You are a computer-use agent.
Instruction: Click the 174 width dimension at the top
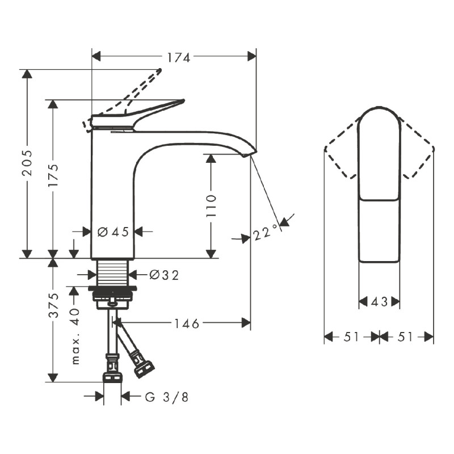(x=179, y=58)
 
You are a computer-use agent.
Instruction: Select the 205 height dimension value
(x=27, y=163)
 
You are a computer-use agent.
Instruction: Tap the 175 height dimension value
(x=53, y=175)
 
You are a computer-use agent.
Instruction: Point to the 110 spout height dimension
(x=211, y=206)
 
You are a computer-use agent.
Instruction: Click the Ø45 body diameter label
(x=113, y=232)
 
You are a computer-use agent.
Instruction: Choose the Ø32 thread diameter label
(x=164, y=275)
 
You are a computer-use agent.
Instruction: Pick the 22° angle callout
(x=266, y=233)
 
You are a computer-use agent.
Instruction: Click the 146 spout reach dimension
(x=187, y=323)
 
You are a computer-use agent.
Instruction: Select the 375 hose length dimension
(x=53, y=305)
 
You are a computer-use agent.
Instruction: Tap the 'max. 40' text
(x=75, y=336)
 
